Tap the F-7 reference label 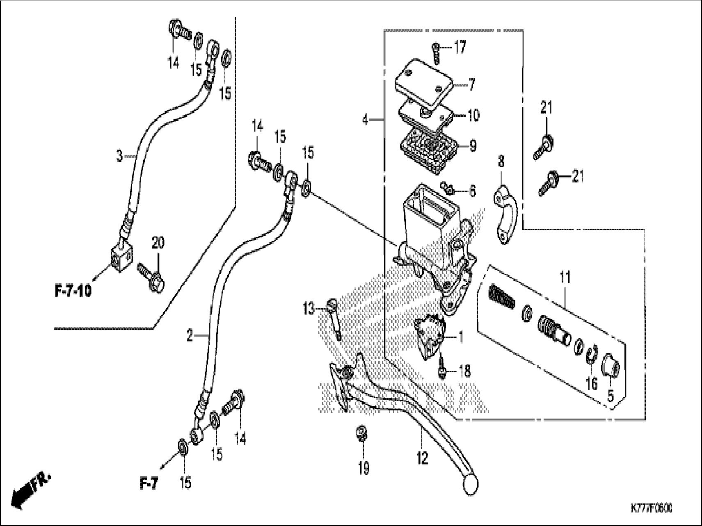(149, 484)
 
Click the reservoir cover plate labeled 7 (425, 81)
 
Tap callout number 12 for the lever (422, 457)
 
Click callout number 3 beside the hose (119, 156)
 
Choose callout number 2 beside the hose (189, 336)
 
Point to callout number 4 (366, 120)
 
